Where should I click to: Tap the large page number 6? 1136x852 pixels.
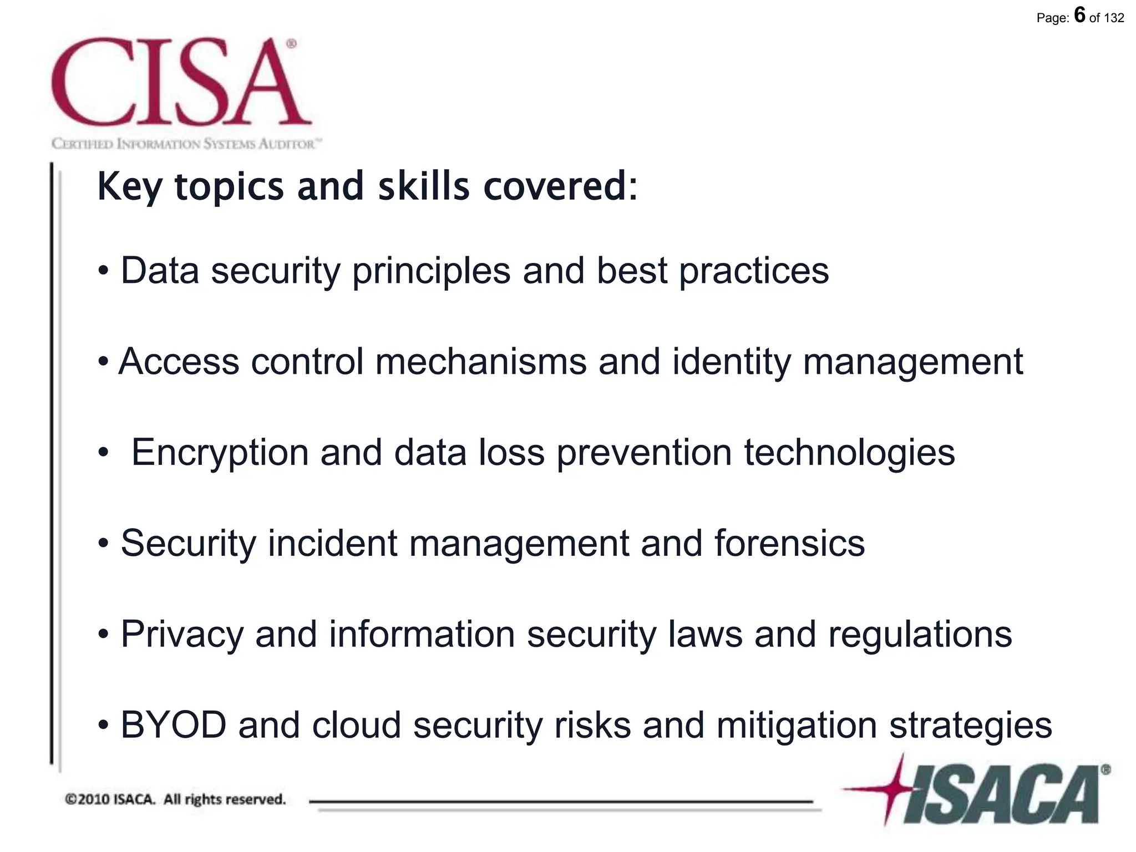1079,15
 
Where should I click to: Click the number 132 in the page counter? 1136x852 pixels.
1114,18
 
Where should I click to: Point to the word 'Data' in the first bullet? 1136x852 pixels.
160,271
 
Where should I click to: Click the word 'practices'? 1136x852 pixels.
754,272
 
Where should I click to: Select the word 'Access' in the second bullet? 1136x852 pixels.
179,362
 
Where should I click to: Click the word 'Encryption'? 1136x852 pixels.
220,453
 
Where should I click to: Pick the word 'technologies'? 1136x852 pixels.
849,453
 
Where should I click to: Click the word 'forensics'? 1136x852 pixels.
789,544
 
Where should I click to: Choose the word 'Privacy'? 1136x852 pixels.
182,635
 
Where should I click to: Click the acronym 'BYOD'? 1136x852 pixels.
174,725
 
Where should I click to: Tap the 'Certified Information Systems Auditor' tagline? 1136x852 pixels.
186,144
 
